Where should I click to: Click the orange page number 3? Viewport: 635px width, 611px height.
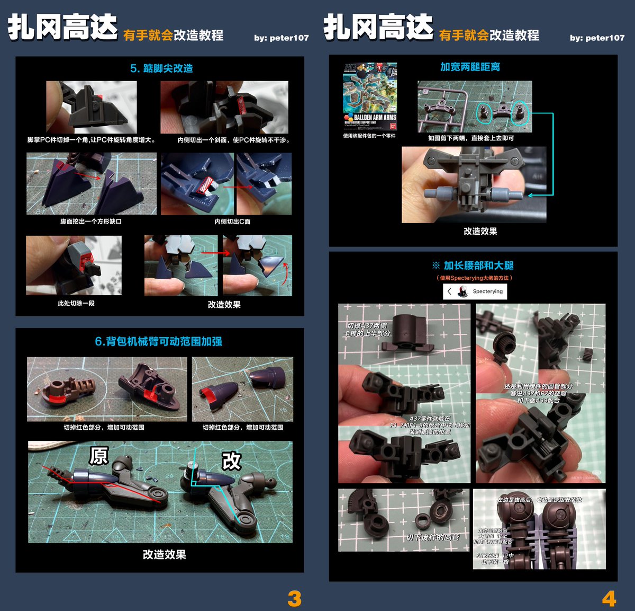(294, 599)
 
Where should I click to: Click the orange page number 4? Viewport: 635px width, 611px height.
(609, 599)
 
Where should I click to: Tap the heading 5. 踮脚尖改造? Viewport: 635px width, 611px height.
(161, 68)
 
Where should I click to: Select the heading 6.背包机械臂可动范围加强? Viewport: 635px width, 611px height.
(158, 341)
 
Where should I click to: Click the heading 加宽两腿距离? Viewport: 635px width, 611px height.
(470, 67)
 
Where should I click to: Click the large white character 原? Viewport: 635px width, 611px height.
(99, 456)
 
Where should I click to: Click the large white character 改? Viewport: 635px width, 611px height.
(231, 461)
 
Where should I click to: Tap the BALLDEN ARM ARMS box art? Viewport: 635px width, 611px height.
(370, 96)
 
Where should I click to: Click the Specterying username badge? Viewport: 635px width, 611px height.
(475, 291)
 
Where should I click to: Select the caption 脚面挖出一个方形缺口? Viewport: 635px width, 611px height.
(90, 222)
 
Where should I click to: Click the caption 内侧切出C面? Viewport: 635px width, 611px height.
(232, 222)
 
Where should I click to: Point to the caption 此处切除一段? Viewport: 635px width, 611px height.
(76, 304)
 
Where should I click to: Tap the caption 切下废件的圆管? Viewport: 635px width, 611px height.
(432, 537)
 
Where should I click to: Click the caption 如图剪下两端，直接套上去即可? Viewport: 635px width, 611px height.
(471, 138)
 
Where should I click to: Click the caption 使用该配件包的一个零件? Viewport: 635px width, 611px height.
(369, 136)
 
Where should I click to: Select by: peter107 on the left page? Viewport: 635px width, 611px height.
(281, 38)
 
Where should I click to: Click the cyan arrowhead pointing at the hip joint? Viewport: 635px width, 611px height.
(531, 196)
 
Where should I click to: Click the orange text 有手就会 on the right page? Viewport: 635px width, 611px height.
(464, 36)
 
